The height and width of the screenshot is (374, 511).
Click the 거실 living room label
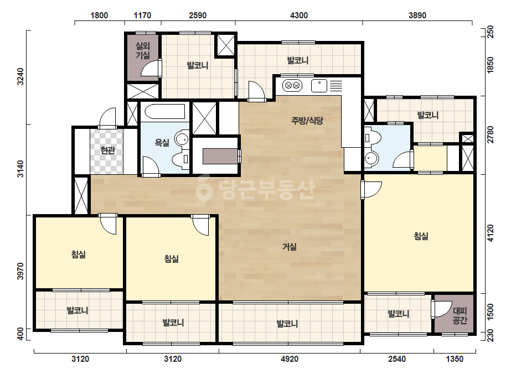290,247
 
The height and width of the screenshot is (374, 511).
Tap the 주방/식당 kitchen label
307,121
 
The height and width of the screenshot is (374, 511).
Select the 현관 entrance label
107,150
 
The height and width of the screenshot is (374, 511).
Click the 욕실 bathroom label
162,142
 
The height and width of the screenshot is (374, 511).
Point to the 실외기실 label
143,50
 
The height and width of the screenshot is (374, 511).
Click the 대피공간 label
460,316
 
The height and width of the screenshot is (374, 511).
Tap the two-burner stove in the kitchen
292,86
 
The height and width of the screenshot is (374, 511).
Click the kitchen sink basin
319,86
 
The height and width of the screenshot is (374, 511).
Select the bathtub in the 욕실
164,112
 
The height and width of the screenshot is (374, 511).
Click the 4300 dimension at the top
299,15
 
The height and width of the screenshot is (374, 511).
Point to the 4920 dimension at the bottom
290,359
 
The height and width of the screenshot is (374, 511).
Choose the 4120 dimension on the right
490,233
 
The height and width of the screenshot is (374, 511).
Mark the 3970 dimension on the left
20,272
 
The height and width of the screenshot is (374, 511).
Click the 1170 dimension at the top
142,15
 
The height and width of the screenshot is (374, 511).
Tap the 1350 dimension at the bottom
455,359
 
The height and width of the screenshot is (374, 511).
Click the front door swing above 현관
107,118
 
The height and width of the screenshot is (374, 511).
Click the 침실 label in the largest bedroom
421,236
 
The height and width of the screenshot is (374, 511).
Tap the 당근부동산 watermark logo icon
204,188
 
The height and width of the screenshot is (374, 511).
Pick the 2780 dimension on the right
490,134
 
